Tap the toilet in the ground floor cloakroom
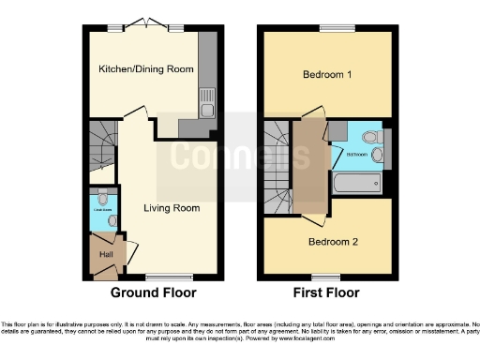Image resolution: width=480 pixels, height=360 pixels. (111, 221)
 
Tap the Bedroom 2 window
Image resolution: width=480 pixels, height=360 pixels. (327, 276)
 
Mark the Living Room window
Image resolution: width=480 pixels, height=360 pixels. (163, 276)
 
